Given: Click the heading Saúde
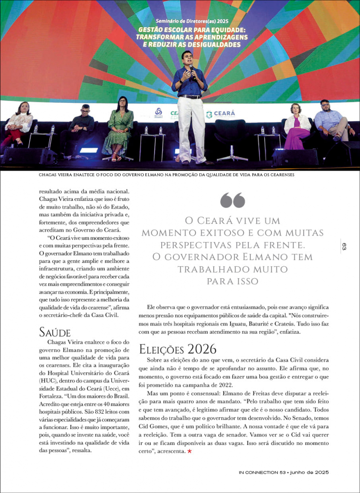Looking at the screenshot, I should coord(54,332).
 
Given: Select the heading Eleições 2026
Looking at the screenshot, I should coord(178,348).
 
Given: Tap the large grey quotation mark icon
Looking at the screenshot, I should coord(232,200).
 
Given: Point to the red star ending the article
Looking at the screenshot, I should coord(189,452).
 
